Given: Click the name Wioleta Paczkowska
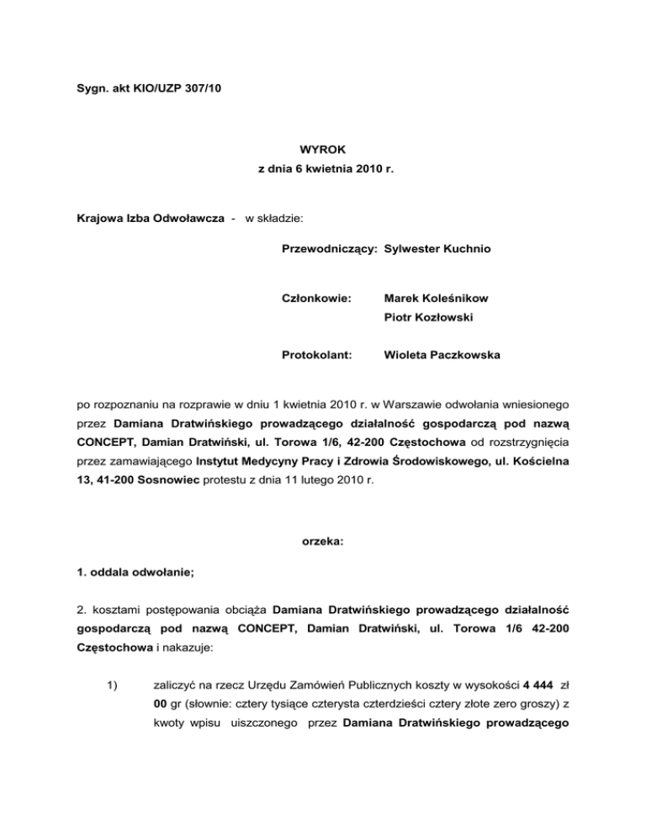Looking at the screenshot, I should click(x=442, y=355).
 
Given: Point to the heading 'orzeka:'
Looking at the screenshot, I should click(x=323, y=543).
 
